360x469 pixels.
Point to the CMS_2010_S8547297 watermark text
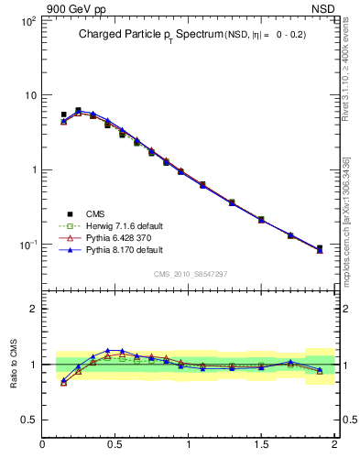pos(190,274)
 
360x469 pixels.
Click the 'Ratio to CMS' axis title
pos(15,364)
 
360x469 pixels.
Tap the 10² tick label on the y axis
pos(27,20)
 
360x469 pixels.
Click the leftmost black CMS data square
pos(63,115)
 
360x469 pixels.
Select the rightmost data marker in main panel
pos(320,248)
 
